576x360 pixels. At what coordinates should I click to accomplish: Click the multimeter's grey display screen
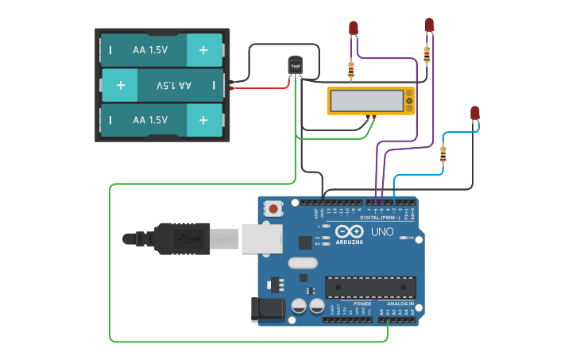pos(366,101)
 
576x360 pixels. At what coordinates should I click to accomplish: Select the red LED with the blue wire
pos(475,113)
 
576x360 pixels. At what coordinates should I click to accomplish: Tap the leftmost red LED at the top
pos(354,29)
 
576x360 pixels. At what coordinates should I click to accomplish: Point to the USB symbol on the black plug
pos(184,238)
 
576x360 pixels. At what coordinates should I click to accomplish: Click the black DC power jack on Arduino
pos(268,310)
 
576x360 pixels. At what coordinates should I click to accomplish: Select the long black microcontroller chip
pos(370,287)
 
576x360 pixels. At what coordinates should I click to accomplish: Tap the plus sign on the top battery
pos(204,50)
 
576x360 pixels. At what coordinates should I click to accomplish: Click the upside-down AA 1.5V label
pos(174,85)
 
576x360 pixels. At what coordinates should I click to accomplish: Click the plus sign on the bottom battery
pos(204,120)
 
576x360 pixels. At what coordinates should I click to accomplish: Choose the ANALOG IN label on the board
pos(400,304)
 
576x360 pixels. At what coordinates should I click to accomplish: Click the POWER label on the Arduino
pos(362,304)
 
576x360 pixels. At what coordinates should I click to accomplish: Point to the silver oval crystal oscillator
pos(302,263)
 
